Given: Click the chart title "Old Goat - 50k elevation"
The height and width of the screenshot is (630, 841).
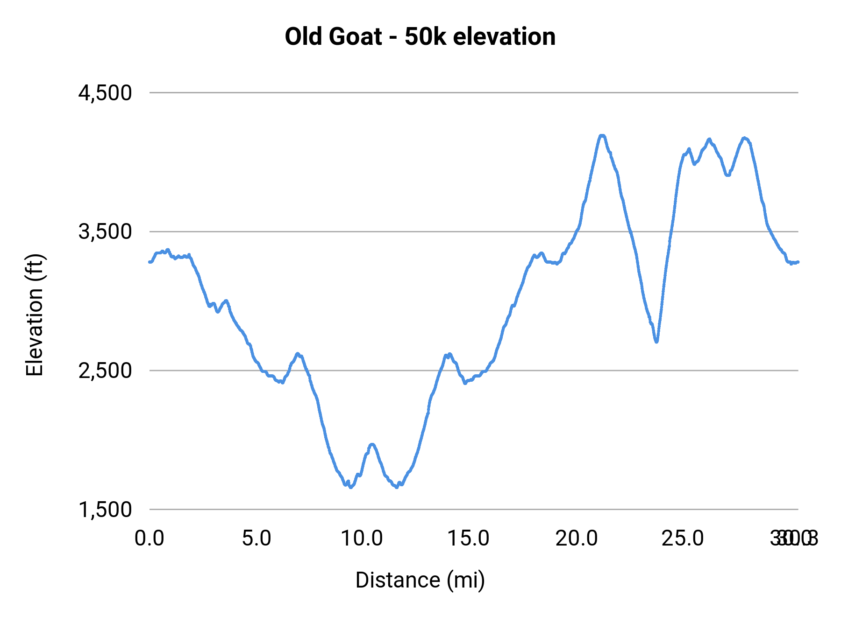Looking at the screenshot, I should pos(420,37).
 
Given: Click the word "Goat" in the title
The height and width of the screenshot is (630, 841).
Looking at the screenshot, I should pos(356,37).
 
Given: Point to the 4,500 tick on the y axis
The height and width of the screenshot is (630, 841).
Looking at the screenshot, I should pos(105,93).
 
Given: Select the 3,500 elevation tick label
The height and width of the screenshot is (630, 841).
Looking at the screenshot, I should pos(105,231).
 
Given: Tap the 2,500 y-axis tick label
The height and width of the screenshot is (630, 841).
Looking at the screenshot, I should pos(105,371).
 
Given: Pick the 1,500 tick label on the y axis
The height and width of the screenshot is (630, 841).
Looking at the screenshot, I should pos(105,510).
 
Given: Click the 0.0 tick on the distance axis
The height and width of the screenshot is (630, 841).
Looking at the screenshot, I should pos(150,539).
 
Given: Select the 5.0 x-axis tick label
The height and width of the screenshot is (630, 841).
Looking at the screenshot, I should pos(257,539).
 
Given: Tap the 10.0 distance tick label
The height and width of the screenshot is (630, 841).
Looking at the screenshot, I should pos(362,539).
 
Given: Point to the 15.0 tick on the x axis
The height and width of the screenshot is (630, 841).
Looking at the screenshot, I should pos(469,539).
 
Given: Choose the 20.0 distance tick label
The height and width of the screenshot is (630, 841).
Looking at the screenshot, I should pos(576,539).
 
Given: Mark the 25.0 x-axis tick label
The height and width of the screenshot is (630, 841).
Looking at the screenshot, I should pos(683,539).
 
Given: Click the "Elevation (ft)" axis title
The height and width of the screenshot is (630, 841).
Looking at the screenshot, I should pos(35,315).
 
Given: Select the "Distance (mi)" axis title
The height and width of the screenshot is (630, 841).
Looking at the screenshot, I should pos(420,580).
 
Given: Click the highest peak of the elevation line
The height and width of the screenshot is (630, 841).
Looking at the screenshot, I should pos(602,136).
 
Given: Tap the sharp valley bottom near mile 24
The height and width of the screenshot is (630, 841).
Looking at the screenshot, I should pos(656,342).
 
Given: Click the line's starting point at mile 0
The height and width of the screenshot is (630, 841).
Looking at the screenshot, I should pos(150,262).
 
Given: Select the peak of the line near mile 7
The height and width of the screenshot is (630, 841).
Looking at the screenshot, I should pos(298,354).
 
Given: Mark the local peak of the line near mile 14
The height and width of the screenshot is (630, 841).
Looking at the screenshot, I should pos(449,355).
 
